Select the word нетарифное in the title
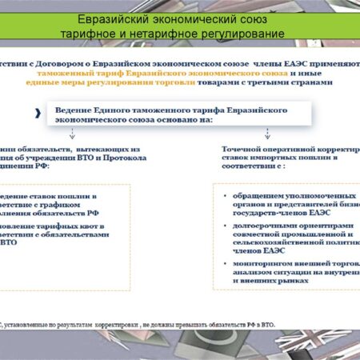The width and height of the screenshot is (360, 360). pos(170,34)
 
